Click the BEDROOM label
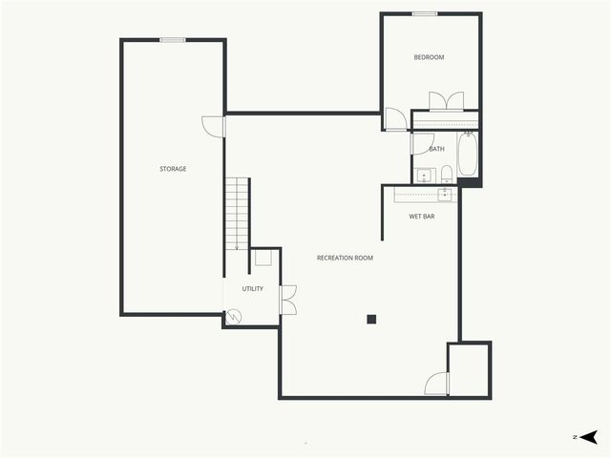(x=429, y=57)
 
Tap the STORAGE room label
(x=173, y=169)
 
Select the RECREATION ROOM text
(x=345, y=258)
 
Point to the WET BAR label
(x=422, y=217)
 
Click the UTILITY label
(x=252, y=288)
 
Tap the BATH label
(x=436, y=149)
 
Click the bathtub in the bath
(x=467, y=156)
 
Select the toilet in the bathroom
(x=446, y=174)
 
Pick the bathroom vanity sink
(x=424, y=176)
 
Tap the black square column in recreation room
(x=372, y=319)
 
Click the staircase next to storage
(x=237, y=214)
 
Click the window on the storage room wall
(x=173, y=40)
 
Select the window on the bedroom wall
(x=425, y=14)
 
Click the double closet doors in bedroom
(x=446, y=101)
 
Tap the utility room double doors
(x=287, y=299)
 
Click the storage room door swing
(x=213, y=126)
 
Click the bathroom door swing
(x=422, y=143)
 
